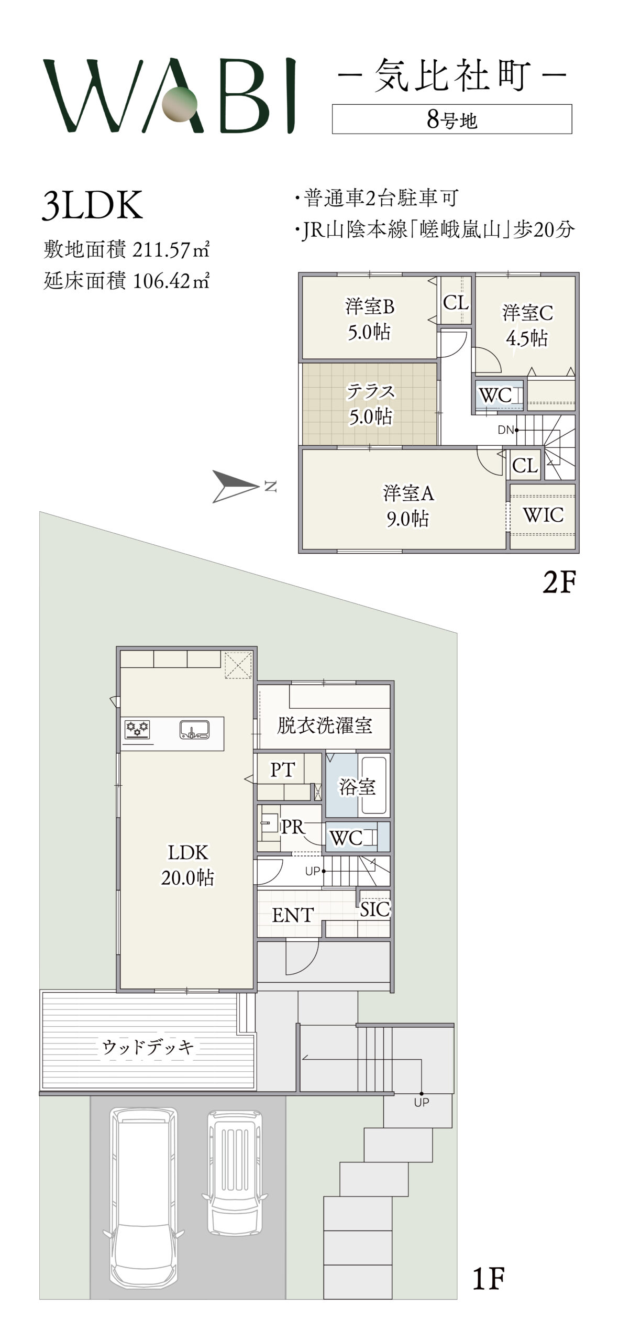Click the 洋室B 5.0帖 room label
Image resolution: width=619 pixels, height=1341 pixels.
click(369, 319)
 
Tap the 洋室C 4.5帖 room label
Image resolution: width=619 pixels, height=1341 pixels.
click(527, 325)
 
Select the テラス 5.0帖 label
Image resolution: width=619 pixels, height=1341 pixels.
click(370, 404)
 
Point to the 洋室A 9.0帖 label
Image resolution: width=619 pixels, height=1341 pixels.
click(408, 506)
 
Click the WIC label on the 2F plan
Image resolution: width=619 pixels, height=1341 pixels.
click(543, 515)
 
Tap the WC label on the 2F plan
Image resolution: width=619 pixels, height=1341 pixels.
click(495, 395)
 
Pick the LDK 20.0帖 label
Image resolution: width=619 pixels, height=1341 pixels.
click(187, 865)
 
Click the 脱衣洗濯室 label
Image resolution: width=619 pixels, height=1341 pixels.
click(324, 726)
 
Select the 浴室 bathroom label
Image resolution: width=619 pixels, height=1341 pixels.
click(357, 786)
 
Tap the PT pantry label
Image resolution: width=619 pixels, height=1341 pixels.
click(282, 770)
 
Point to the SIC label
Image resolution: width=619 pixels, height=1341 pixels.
click(375, 909)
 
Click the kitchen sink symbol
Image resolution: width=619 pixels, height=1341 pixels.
click(194, 730)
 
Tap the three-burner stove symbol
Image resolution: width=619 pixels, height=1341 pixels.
click(137, 729)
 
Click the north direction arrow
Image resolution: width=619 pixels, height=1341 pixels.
click(236, 487)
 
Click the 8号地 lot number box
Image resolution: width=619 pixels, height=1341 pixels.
click(452, 119)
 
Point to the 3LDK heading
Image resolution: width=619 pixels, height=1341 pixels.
click(92, 205)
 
